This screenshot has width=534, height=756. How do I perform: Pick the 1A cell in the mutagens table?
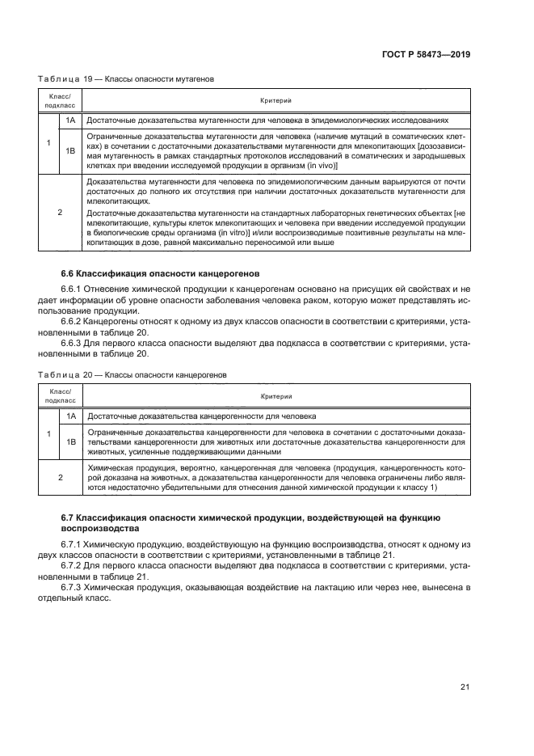(x=71, y=118)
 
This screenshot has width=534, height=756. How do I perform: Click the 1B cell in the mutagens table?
(x=71, y=150)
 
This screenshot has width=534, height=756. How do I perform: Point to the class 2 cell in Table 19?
(x=60, y=212)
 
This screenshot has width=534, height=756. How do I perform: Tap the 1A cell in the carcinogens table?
(x=71, y=416)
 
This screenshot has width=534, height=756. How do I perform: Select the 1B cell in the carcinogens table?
(x=71, y=442)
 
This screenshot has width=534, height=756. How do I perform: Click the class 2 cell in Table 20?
(x=60, y=477)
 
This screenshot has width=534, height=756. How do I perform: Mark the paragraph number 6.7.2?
(x=72, y=567)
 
